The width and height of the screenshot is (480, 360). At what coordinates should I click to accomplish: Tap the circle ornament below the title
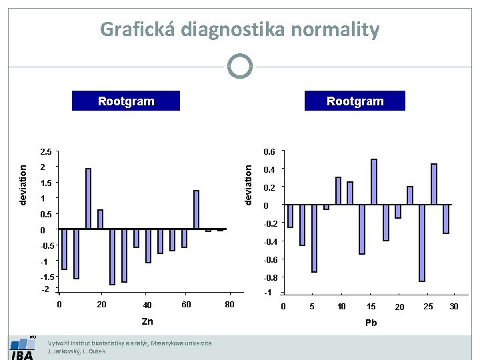tap(240, 67)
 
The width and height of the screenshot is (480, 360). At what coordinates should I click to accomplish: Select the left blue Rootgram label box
tap(126, 101)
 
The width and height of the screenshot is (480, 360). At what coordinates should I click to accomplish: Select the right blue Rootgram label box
tap(355, 101)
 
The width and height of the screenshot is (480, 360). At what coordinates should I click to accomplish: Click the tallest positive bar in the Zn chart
tap(88, 199)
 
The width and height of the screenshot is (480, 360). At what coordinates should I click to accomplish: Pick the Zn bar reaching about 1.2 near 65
tap(197, 210)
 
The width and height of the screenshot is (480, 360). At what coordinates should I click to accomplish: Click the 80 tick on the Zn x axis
tap(229, 305)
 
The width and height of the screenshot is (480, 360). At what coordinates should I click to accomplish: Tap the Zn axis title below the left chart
tap(147, 321)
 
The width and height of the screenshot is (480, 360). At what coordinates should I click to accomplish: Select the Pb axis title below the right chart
tap(371, 323)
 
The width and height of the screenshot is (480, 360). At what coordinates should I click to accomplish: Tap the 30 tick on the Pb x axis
tap(454, 307)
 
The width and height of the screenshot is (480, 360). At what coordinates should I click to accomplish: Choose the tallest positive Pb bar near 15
tap(374, 181)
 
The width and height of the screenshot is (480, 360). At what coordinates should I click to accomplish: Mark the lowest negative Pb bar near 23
tap(422, 243)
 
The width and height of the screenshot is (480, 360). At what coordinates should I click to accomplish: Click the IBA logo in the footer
tap(22, 349)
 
